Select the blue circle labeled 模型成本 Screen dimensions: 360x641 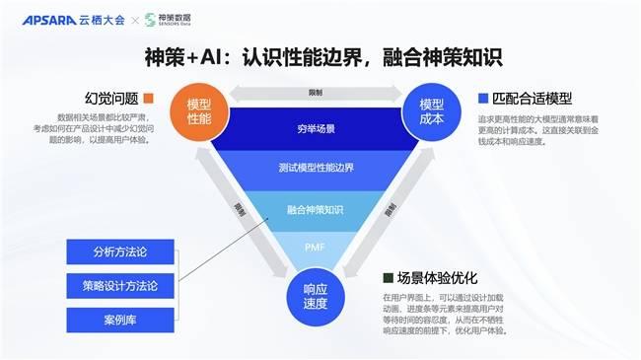tap(431, 111)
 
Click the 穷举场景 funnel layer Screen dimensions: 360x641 tap(314, 129)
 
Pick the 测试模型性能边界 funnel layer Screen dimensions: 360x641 tap(314, 168)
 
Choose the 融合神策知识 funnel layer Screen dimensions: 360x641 tap(315, 209)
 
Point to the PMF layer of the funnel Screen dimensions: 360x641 tap(315, 245)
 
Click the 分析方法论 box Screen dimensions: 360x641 tap(118, 251)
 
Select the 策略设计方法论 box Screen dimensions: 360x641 tap(118, 286)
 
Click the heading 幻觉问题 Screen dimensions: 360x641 tap(110, 98)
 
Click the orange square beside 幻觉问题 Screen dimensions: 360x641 tap(148, 98)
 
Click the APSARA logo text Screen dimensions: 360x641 tap(44, 19)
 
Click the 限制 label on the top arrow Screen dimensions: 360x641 tap(315, 93)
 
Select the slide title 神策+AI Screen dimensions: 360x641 tap(320, 57)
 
